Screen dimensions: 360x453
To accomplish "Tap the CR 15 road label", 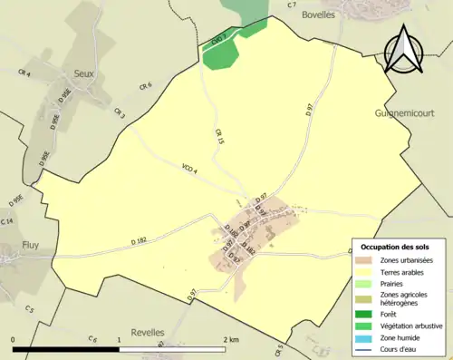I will click(219, 136).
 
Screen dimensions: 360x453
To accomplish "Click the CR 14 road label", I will click(8, 221).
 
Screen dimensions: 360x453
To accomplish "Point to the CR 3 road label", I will click(120, 113).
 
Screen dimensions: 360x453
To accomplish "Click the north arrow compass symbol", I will click(405, 50).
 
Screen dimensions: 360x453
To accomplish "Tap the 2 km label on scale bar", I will click(231, 340).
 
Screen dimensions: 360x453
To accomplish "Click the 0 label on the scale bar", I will click(14, 340).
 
